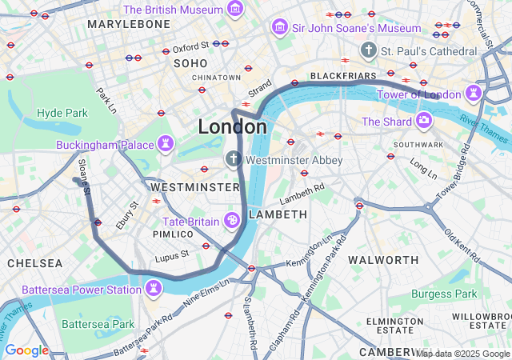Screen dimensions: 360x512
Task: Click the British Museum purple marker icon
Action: (x=235, y=9)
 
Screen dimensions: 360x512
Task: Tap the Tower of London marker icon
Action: (x=474, y=94)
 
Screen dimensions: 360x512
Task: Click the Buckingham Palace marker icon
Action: (x=166, y=145)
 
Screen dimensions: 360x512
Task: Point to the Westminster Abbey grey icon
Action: (x=234, y=159)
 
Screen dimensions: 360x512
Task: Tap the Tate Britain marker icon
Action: (x=231, y=220)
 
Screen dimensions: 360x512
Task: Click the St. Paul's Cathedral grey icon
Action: (x=368, y=50)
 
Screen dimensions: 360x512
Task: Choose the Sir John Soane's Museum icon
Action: (x=279, y=28)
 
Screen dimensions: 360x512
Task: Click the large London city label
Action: (x=232, y=127)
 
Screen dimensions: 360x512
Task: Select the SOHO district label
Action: (x=191, y=62)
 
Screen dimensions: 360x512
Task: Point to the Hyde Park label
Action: (x=62, y=113)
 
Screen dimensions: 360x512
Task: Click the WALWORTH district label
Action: (x=382, y=260)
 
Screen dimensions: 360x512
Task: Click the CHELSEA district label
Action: (x=34, y=263)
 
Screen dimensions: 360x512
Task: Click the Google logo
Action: (x=26, y=350)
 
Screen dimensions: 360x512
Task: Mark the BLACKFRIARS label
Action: (x=342, y=76)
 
